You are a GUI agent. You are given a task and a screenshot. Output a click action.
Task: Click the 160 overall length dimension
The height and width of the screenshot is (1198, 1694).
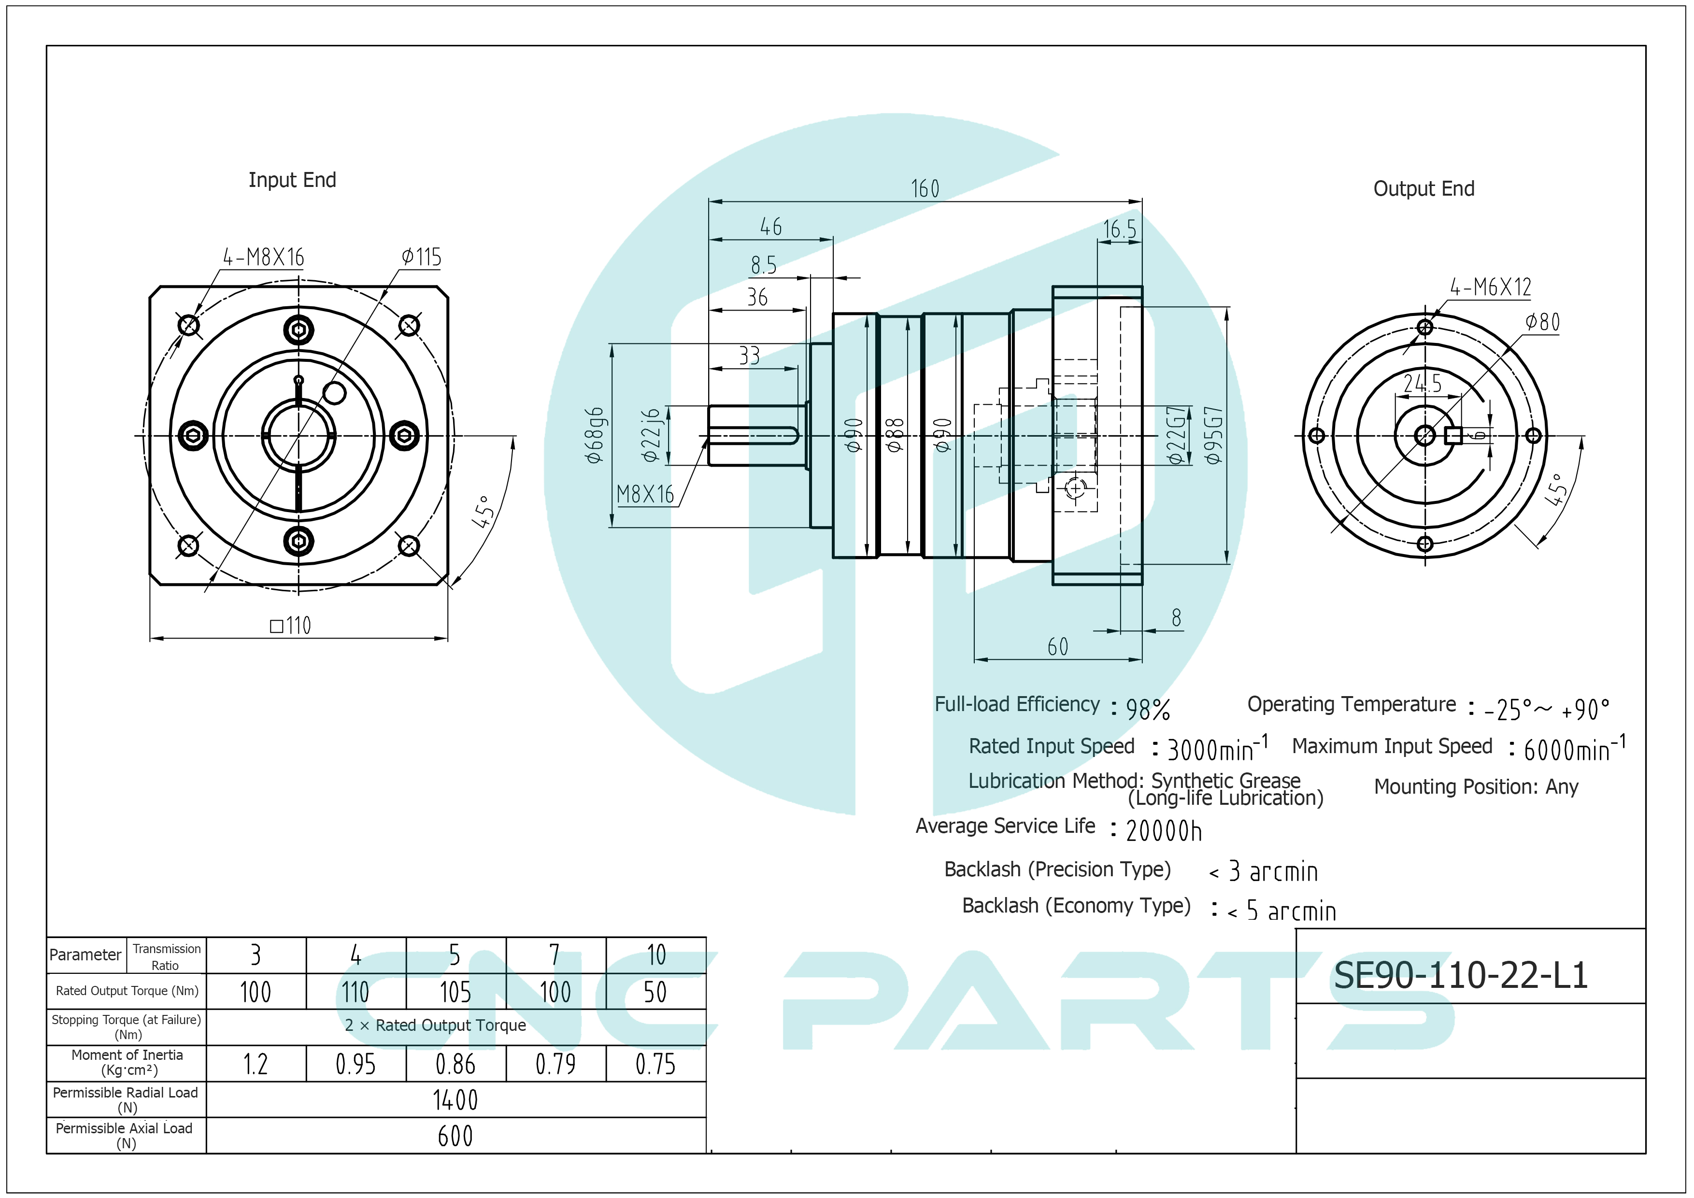pos(925,189)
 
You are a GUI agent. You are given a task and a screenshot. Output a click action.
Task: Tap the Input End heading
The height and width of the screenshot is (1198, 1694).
pos(292,180)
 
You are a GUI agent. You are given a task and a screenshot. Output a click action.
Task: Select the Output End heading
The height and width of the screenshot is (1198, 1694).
pos(1424,189)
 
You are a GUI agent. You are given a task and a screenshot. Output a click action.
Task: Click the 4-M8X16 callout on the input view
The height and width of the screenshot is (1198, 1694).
pos(263,257)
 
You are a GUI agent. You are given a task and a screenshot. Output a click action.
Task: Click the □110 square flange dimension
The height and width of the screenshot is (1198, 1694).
pos(291,626)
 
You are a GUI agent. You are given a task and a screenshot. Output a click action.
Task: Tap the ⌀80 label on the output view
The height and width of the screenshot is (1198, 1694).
pos(1543,322)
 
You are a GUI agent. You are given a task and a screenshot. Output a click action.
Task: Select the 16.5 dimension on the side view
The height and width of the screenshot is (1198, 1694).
pos(1119,229)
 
